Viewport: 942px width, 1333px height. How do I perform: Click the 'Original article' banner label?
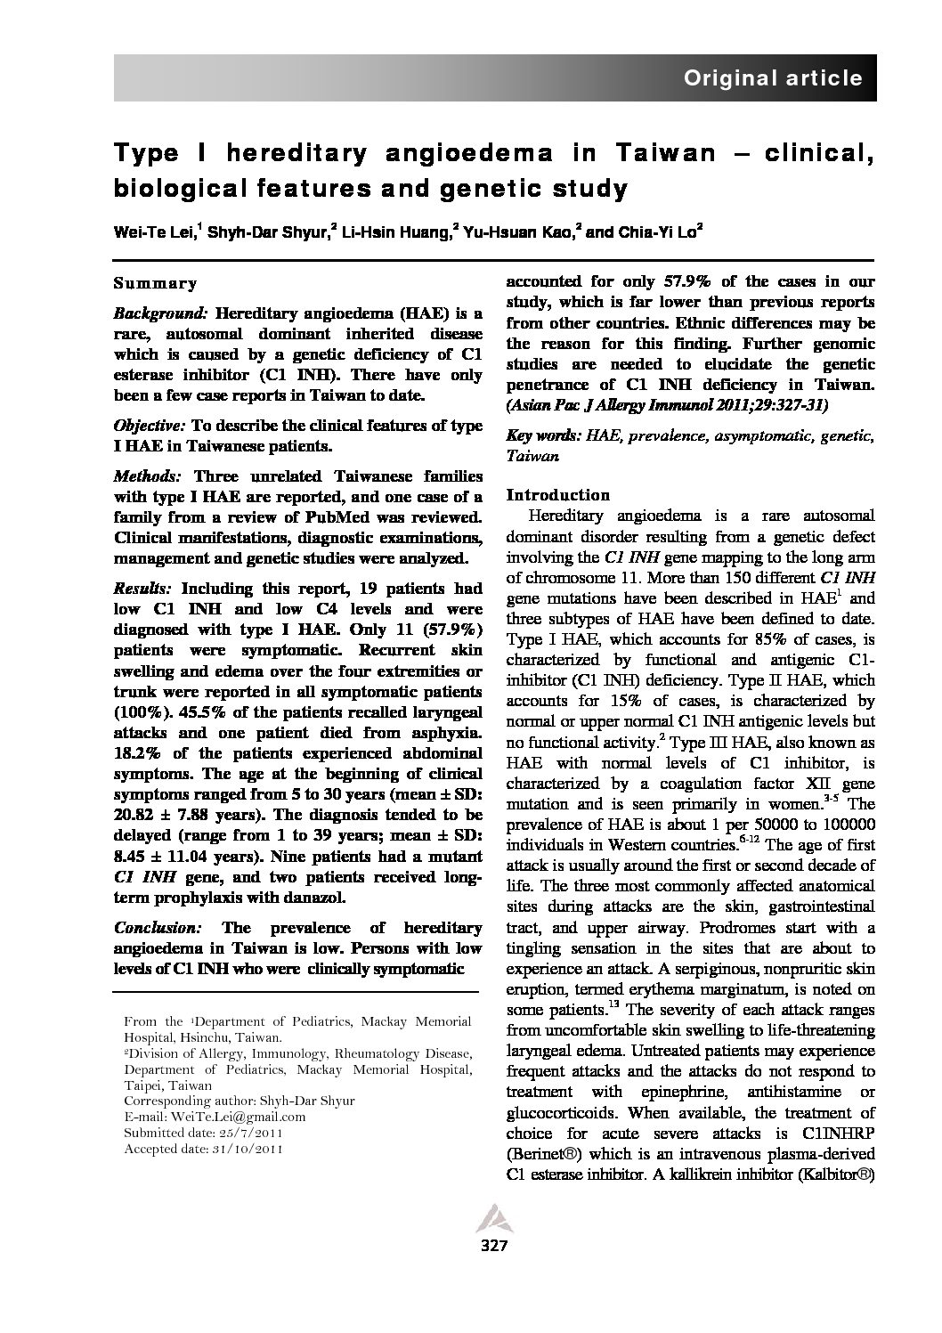(x=772, y=78)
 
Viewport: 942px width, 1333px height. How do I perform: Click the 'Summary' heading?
(x=155, y=284)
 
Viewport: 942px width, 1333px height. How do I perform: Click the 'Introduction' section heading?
(x=557, y=495)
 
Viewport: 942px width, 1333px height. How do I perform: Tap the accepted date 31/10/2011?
(x=244, y=1149)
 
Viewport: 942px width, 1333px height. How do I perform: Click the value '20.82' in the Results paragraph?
(x=135, y=816)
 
